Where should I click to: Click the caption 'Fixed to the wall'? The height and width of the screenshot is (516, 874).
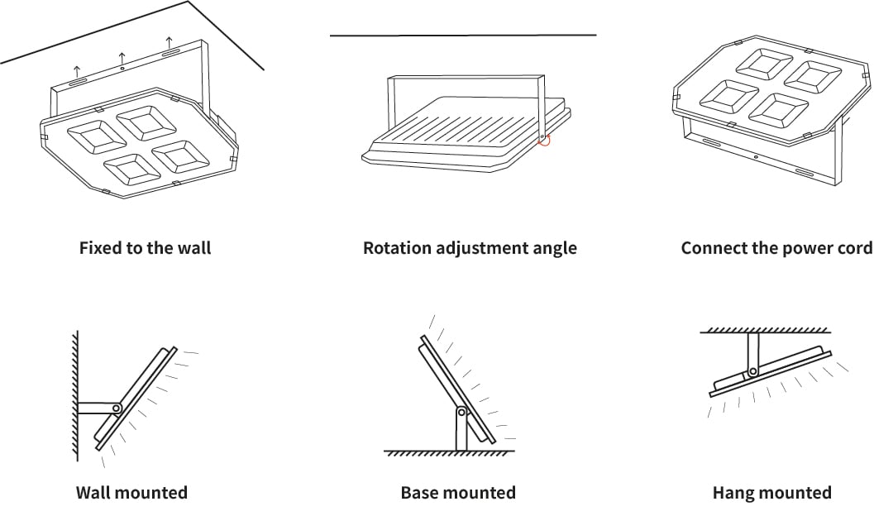pyautogui.click(x=145, y=248)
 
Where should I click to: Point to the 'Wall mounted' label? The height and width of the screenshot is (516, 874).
pyautogui.click(x=131, y=493)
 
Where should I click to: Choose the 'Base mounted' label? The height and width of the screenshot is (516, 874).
pyautogui.click(x=458, y=493)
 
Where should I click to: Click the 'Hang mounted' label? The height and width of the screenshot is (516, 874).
pyautogui.click(x=772, y=493)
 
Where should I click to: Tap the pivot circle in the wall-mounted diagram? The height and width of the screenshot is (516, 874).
pyautogui.click(x=117, y=408)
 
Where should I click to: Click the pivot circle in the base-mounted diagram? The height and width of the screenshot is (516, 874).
pyautogui.click(x=461, y=413)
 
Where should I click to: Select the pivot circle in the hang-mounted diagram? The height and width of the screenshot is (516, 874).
pyautogui.click(x=752, y=371)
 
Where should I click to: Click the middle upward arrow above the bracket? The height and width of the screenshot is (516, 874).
pyautogui.click(x=122, y=58)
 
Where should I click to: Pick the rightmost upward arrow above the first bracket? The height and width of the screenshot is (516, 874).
pyautogui.click(x=169, y=42)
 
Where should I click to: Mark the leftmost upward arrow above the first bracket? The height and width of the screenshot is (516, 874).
pyautogui.click(x=77, y=71)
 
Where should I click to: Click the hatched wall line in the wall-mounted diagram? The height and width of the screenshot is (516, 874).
pyautogui.click(x=75, y=396)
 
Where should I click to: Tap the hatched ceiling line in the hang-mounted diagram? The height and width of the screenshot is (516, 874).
pyautogui.click(x=766, y=331)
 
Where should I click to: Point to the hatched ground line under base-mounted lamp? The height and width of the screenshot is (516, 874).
pyautogui.click(x=449, y=453)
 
